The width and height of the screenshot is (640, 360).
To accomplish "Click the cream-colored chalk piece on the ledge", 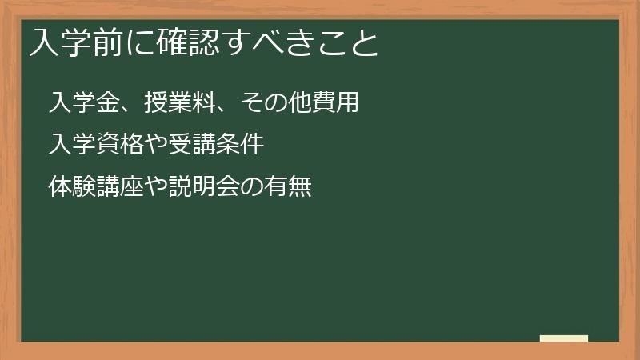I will [564, 338].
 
